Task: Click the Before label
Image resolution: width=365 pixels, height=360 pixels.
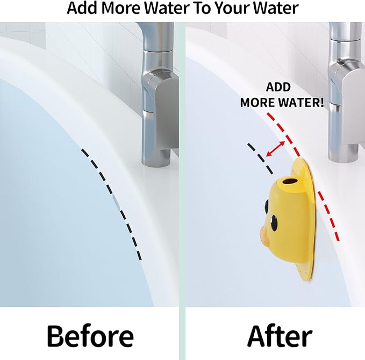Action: pyautogui.click(x=90, y=336)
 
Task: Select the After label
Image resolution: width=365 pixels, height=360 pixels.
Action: pyautogui.click(x=280, y=336)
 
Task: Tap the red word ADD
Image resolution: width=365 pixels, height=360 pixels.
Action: pyautogui.click(x=278, y=87)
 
